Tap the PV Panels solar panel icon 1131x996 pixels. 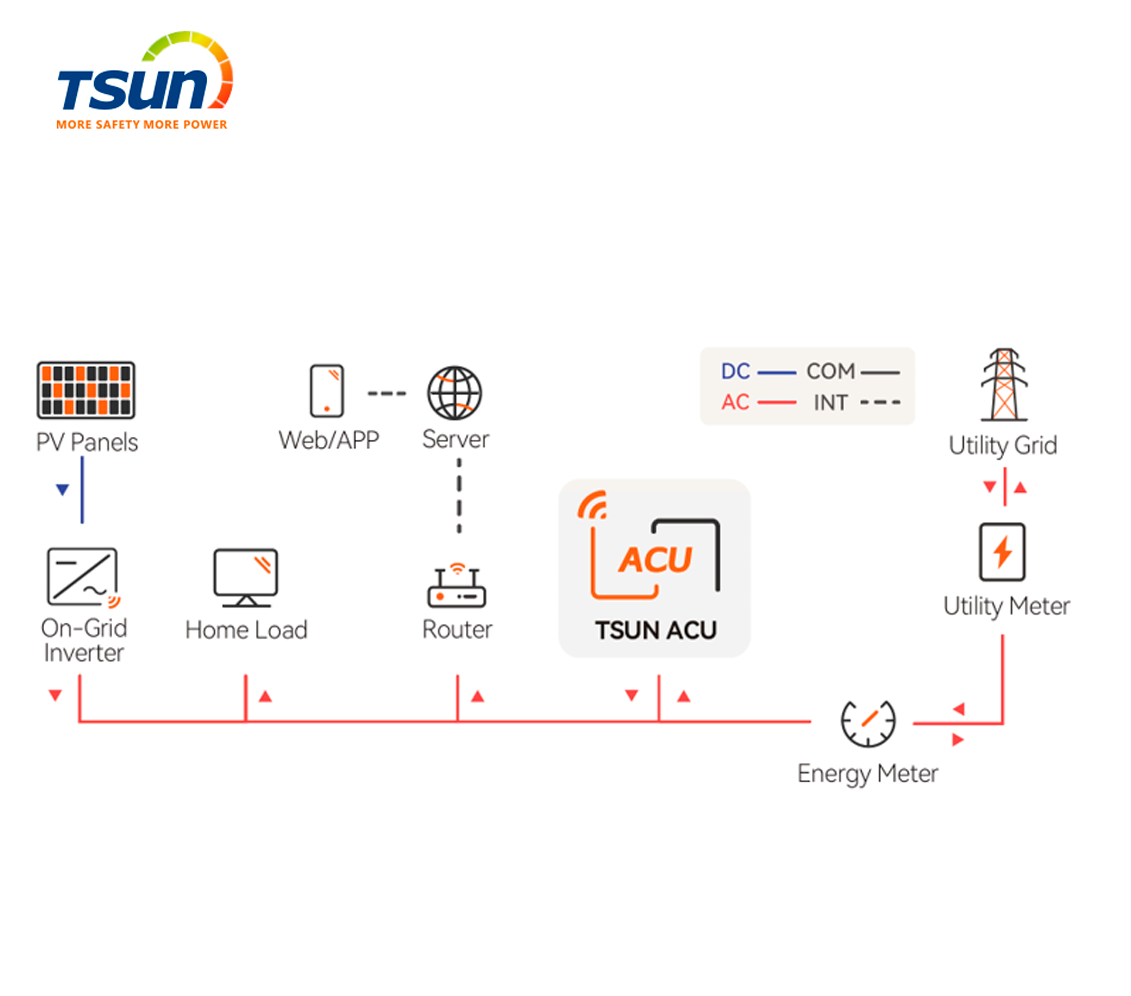point(86,390)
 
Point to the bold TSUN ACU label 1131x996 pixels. point(656,630)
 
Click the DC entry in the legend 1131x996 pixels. point(758,371)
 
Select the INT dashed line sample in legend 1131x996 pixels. point(880,402)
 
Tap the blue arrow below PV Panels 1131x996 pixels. point(63,489)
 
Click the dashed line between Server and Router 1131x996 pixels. point(459,496)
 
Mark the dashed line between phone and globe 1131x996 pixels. point(387,393)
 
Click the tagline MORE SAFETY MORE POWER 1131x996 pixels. point(142,124)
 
